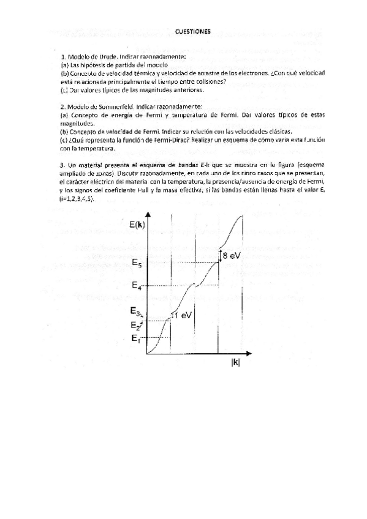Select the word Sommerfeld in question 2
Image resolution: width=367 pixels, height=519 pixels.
(115, 106)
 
